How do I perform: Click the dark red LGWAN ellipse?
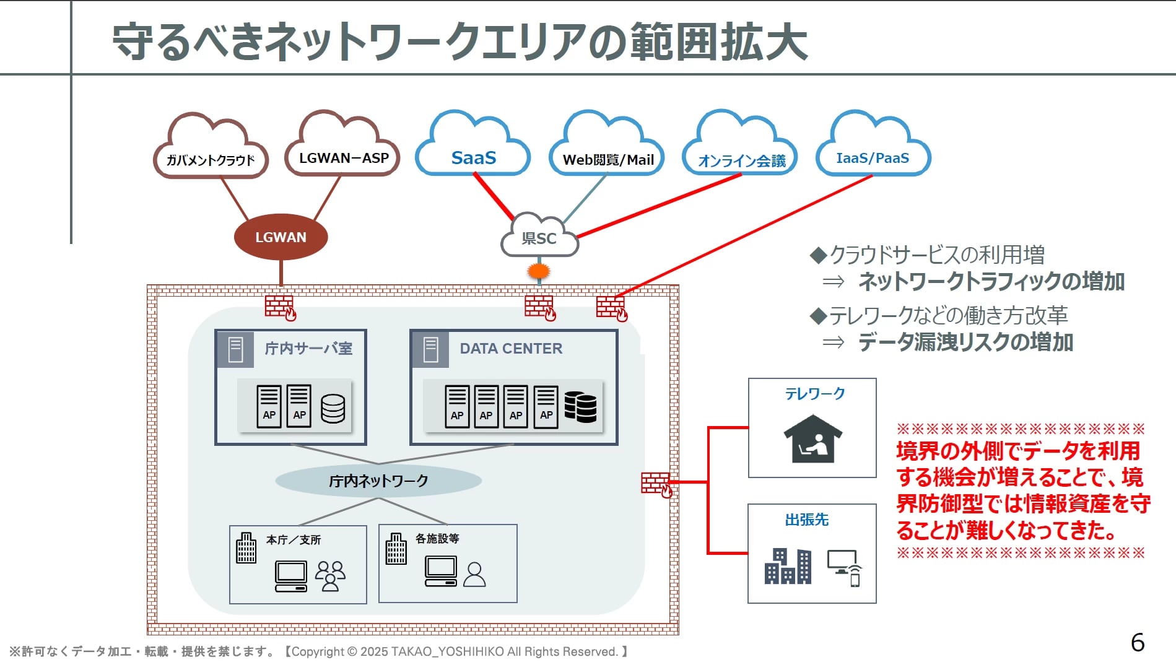tap(281, 237)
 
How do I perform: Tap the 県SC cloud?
tap(539, 238)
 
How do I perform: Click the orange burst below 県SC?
tap(539, 271)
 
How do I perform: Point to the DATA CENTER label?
tap(511, 349)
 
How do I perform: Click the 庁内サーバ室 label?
tap(308, 349)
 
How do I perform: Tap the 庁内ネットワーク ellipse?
tap(378, 481)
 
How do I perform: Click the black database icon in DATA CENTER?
tap(580, 407)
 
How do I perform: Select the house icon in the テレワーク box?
tap(812, 439)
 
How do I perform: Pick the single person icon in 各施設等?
tap(475, 575)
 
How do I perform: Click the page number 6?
tap(1138, 642)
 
